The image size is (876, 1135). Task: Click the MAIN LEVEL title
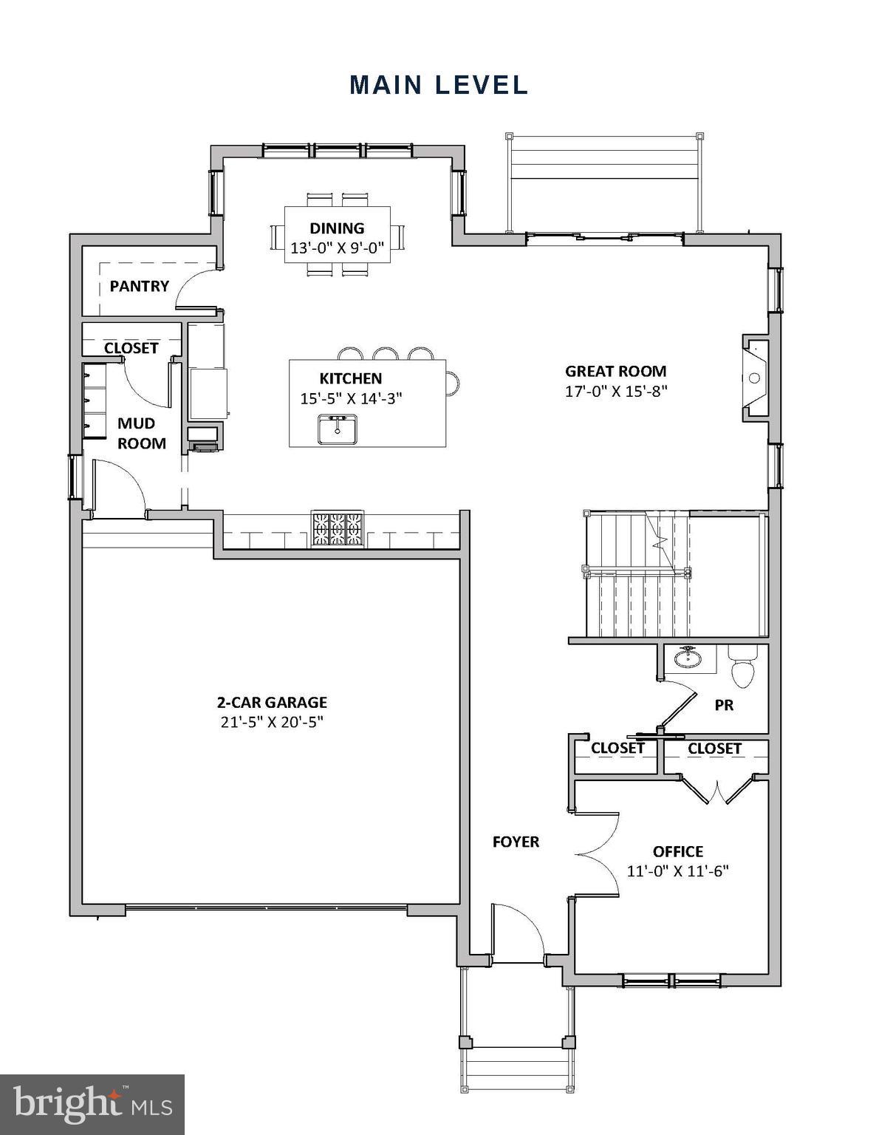pyautogui.click(x=439, y=85)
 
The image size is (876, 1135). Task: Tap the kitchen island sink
pyautogui.click(x=337, y=429)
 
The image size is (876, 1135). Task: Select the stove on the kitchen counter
pyautogui.click(x=338, y=528)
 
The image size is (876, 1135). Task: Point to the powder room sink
pyautogui.click(x=688, y=657)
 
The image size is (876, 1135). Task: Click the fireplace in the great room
pyautogui.click(x=755, y=378)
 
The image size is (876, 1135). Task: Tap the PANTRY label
pyautogui.click(x=139, y=286)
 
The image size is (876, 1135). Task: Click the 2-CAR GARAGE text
pyautogui.click(x=272, y=702)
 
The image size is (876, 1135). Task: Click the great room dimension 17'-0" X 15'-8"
pyautogui.click(x=616, y=392)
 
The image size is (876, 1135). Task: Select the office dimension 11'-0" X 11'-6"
pyautogui.click(x=677, y=871)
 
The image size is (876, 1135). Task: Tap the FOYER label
pyautogui.click(x=516, y=842)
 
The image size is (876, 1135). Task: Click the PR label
pyautogui.click(x=724, y=706)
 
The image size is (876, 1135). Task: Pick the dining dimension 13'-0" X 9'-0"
pyautogui.click(x=337, y=248)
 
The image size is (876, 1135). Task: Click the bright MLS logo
pyautogui.click(x=92, y=1105)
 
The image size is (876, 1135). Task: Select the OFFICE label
pyautogui.click(x=677, y=851)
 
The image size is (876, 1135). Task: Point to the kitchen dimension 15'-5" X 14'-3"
pyautogui.click(x=351, y=398)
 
